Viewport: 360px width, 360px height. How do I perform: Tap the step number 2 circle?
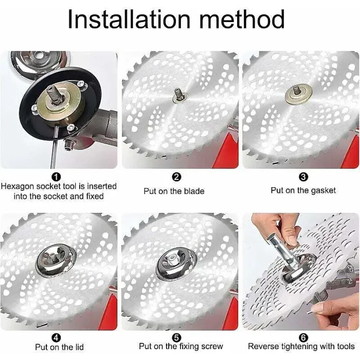(176, 177)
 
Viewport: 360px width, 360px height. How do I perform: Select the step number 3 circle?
(303, 177)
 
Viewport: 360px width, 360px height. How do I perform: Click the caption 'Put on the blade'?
(174, 191)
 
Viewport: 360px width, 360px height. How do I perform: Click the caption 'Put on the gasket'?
(303, 190)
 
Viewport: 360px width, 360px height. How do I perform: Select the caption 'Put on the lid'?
(59, 347)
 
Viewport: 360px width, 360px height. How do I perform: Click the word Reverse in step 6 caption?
(265, 347)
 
